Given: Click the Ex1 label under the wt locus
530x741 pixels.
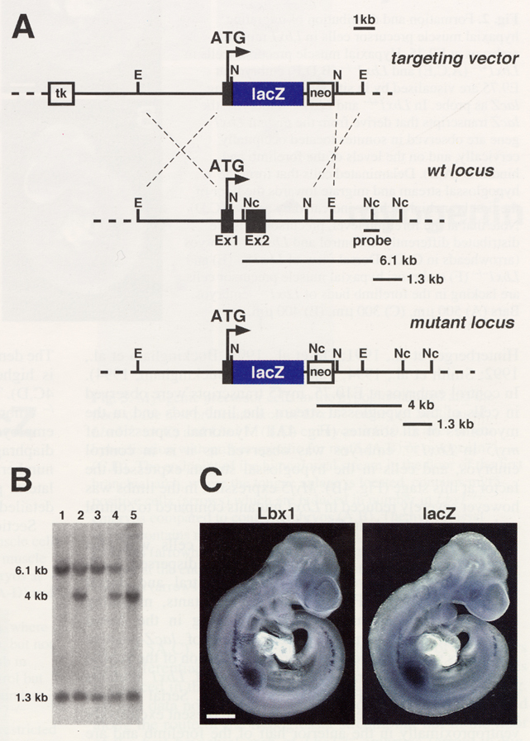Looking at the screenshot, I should point(226,242).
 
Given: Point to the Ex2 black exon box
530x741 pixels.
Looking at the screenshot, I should point(255,221).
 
